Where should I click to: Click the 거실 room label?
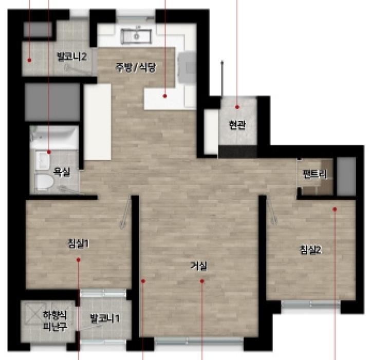click(x=199, y=266)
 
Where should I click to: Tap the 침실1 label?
click(x=78, y=243)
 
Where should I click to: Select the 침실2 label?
click(x=310, y=250)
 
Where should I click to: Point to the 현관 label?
click(x=237, y=125)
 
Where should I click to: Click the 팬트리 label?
click(x=315, y=174)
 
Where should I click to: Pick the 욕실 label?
click(x=61, y=172)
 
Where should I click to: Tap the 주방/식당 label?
click(x=136, y=67)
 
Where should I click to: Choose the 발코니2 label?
click(x=71, y=56)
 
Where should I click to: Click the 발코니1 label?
click(x=105, y=318)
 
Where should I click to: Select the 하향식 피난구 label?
click(x=55, y=320)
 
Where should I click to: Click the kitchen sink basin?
click(x=136, y=36)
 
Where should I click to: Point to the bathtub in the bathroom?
click(x=54, y=137)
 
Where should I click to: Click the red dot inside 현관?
click(x=237, y=107)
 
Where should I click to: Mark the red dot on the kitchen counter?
click(x=165, y=96)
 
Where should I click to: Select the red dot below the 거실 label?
click(x=202, y=281)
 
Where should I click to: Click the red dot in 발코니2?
click(x=29, y=61)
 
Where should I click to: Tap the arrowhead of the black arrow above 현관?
click(x=222, y=62)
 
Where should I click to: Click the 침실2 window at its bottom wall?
click(x=311, y=304)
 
